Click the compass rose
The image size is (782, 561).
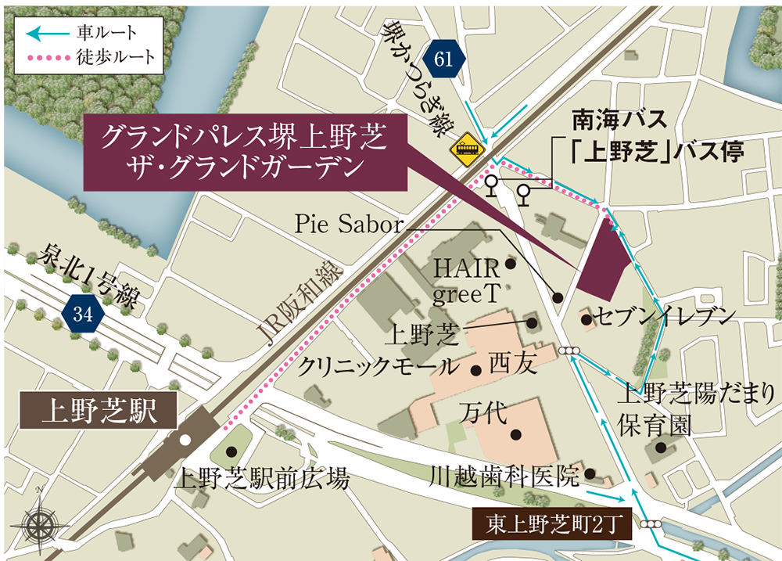[x=39, y=520]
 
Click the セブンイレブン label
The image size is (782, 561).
[x=665, y=317]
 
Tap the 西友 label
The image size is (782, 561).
[x=513, y=365]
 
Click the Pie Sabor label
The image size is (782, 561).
[x=348, y=225]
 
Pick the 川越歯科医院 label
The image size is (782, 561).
[x=505, y=475]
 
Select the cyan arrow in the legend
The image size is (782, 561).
[x=47, y=34]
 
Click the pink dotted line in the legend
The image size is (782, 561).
[x=47, y=58]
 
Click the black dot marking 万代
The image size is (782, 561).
[x=515, y=434]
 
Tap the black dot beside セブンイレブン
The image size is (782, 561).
[x=586, y=319]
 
